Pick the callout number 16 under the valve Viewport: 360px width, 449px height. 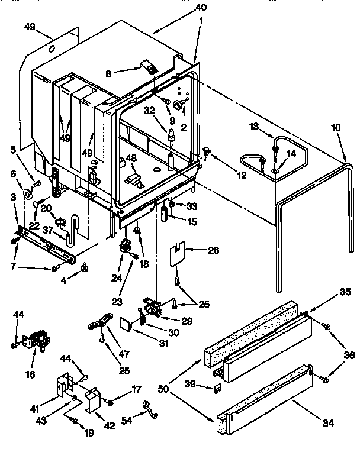pyautogui.click(x=30, y=374)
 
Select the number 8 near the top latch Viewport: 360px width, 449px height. pyautogui.click(x=108, y=73)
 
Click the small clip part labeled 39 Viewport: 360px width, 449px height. pyautogui.click(x=217, y=388)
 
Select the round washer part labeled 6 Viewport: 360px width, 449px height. pyautogui.click(x=27, y=195)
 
